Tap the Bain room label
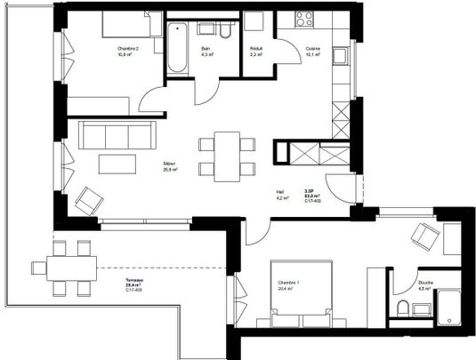point(206,48)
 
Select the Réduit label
point(256,48)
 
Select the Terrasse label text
point(134,281)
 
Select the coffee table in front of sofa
point(116,163)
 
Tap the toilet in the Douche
point(405,309)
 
